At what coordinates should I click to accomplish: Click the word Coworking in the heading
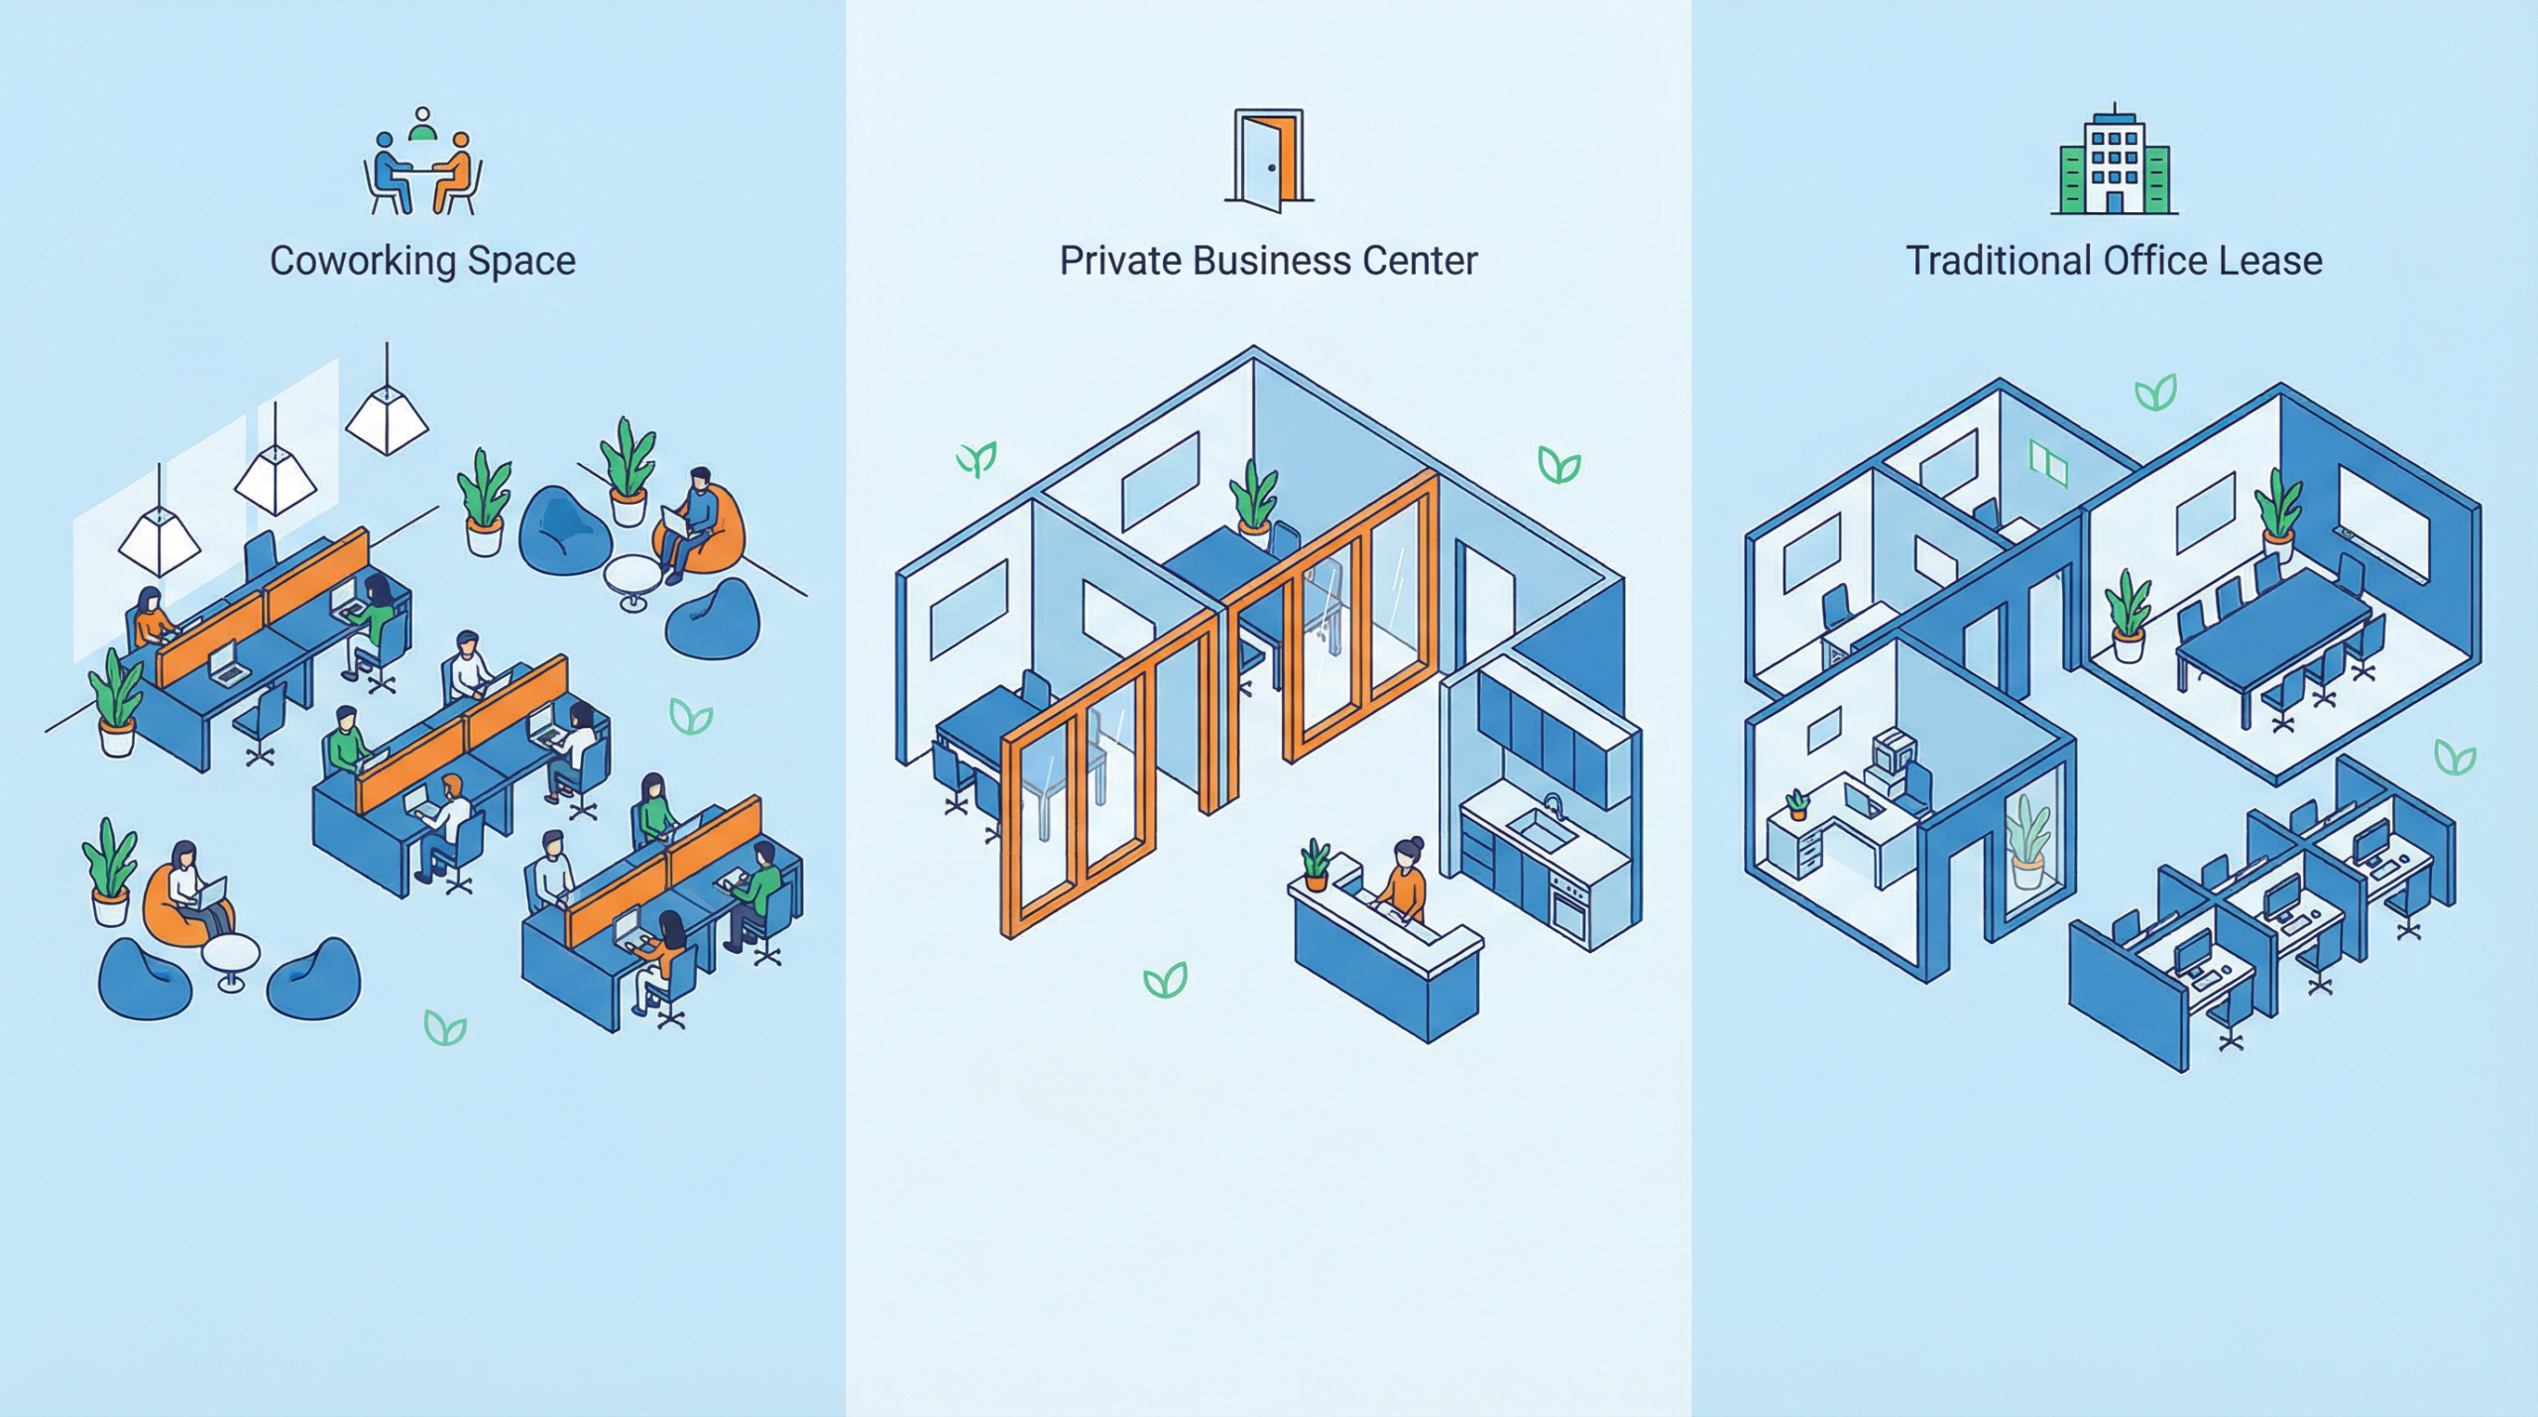pyautogui.click(x=363, y=262)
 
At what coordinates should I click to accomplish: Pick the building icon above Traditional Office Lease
pyautogui.click(x=2114, y=164)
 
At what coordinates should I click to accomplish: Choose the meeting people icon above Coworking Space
pyautogui.click(x=422, y=164)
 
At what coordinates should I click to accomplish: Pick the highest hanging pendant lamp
pyautogui.click(x=387, y=418)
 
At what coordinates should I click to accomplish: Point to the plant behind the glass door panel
pyautogui.click(x=2027, y=843)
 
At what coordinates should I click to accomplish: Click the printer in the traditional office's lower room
pyautogui.click(x=1892, y=759)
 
